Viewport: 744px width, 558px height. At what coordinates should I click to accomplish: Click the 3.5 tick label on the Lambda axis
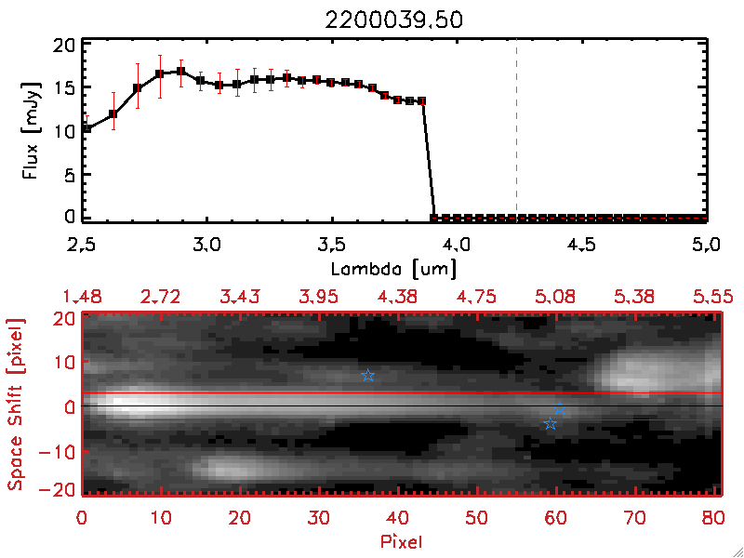[x=330, y=247]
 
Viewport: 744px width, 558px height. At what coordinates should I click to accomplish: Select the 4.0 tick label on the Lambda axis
[x=456, y=247]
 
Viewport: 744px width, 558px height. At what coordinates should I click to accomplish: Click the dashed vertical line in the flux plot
[x=516, y=130]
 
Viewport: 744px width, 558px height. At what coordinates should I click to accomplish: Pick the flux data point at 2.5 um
[x=86, y=128]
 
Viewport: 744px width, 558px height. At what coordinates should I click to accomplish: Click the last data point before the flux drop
[x=422, y=100]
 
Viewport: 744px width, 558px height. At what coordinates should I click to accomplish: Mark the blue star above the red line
[x=368, y=376]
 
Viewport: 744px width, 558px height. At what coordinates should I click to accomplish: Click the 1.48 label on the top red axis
[x=82, y=297]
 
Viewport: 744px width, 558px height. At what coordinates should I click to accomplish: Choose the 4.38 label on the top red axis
[x=398, y=297]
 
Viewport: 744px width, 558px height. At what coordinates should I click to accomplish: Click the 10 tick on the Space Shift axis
[x=66, y=362]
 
